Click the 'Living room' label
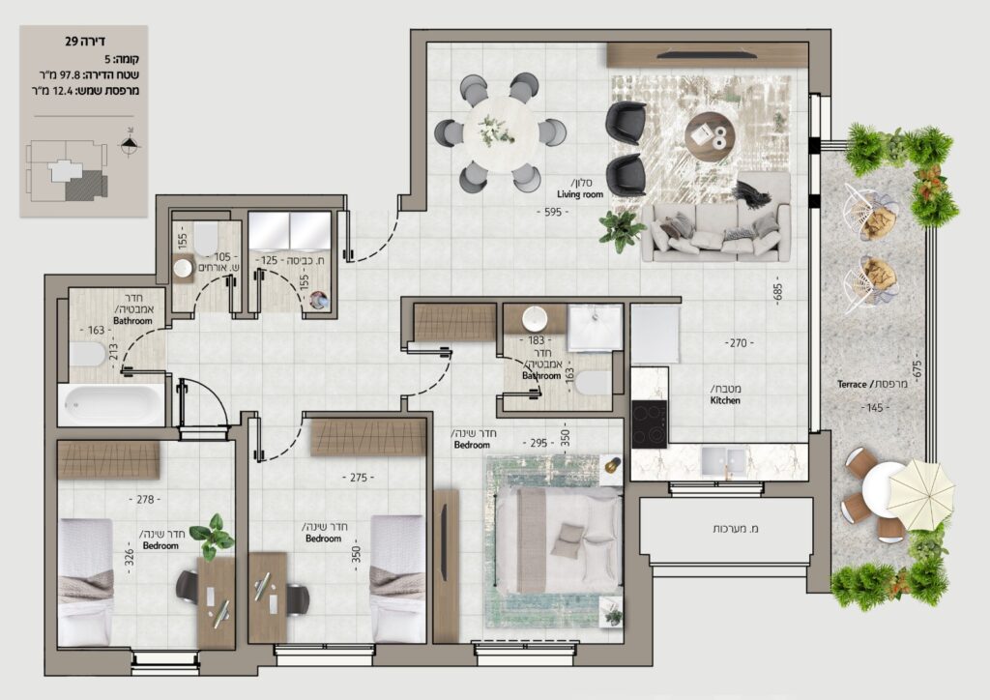tap(580, 194)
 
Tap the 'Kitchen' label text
tap(725, 400)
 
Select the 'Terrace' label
tap(852, 384)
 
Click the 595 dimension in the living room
tap(552, 212)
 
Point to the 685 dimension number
tap(778, 291)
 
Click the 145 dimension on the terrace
tap(874, 408)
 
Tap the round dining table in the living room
tap(501, 133)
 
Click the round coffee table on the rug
tap(710, 137)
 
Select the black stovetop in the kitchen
tap(650, 424)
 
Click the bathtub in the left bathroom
tap(112, 404)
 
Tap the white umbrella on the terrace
tap(920, 492)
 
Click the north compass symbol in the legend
tap(130, 144)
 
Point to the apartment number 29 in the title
tap(72, 42)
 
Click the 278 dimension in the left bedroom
tap(145, 499)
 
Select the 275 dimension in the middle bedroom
tap(359, 478)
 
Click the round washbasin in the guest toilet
tap(183, 268)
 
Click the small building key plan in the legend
tap(67, 170)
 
